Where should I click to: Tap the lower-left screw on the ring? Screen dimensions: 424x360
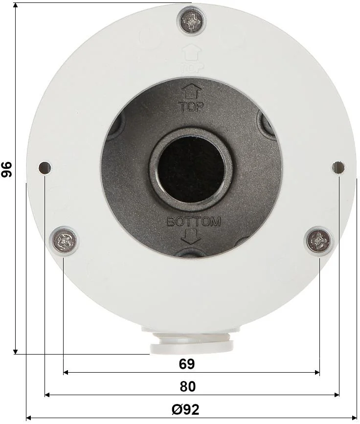click(64, 240)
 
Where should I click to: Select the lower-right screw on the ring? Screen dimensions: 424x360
click(319, 240)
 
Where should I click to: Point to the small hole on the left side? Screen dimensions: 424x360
click(45, 168)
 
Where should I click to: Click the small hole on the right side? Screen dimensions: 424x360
click(338, 168)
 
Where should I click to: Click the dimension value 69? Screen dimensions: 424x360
click(187, 364)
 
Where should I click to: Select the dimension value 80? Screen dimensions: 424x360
click(187, 386)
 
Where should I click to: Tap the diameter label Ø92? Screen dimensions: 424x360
click(185, 409)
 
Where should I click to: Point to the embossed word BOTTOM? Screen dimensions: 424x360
click(194, 222)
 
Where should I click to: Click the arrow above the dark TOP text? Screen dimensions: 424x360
click(191, 92)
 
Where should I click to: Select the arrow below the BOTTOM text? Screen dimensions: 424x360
click(191, 237)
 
